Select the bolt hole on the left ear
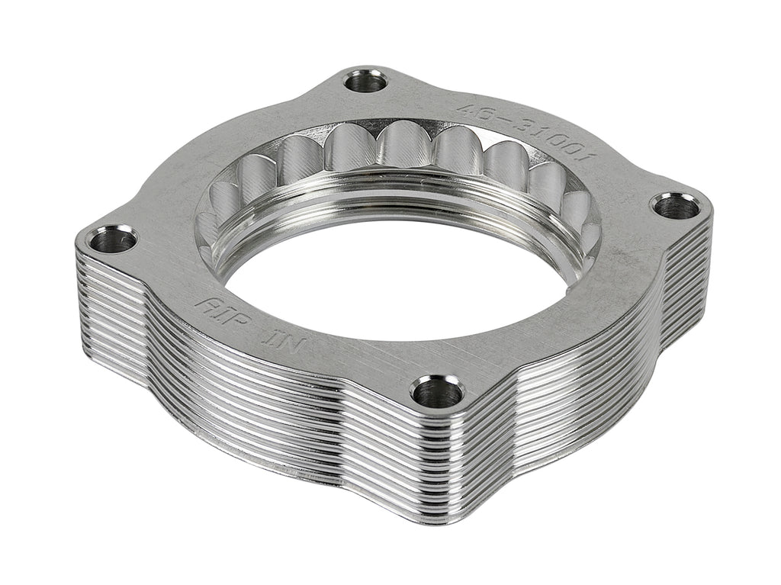[x=111, y=239]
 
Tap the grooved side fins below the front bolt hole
[x=435, y=458]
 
